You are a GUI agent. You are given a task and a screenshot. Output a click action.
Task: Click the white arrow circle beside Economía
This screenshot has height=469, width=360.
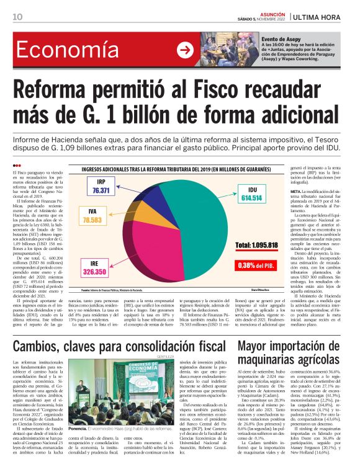pyautogui.click(x=184, y=51)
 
